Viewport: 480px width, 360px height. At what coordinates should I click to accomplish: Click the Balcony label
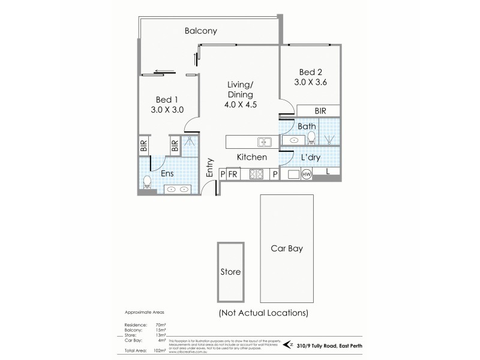(201, 31)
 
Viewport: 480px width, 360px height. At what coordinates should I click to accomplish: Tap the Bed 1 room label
(166, 100)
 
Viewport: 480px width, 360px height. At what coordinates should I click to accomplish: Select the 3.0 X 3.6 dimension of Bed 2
(310, 82)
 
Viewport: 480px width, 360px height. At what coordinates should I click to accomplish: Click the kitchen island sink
(265, 142)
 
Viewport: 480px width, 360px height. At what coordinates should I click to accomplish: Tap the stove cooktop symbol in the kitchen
(257, 175)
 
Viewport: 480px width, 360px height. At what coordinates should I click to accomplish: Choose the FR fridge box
(233, 175)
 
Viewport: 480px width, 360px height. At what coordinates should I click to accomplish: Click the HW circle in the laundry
(306, 175)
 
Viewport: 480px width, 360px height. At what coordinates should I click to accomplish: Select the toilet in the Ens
(147, 181)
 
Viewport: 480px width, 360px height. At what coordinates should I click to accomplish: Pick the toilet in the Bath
(311, 137)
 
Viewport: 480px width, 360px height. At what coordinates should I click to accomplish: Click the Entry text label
(210, 168)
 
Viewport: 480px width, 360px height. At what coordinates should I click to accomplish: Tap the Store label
(230, 272)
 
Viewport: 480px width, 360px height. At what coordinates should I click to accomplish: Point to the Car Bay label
(287, 248)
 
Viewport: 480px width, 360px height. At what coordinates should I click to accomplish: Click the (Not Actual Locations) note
(263, 313)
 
